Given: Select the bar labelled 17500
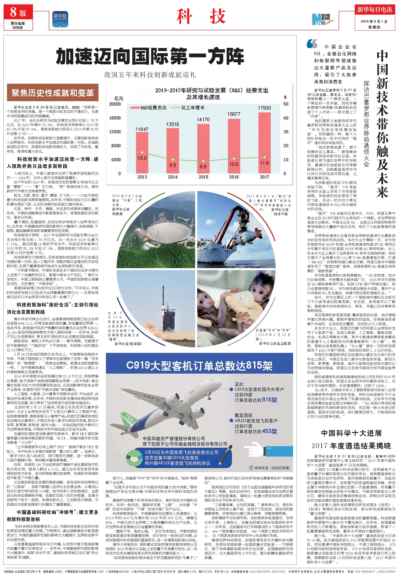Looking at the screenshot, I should pyautogui.click(x=264, y=143).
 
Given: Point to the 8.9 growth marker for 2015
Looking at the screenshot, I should pyautogui.click(x=203, y=161).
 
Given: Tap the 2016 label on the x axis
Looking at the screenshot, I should pyautogui.click(x=234, y=177).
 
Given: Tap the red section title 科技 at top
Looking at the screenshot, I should pyautogui.click(x=201, y=17).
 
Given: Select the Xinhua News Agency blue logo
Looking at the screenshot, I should pyautogui.click(x=60, y=19).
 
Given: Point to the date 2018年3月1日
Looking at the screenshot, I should pyautogui.click(x=374, y=21).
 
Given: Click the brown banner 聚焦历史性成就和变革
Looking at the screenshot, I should pyautogui.click(x=53, y=93).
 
